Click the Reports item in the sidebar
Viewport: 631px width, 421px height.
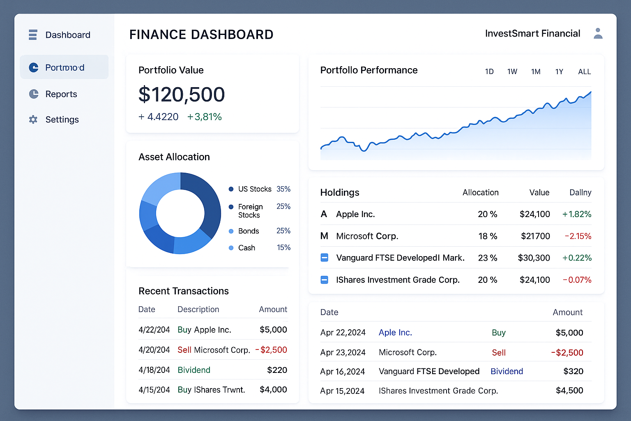click(x=61, y=94)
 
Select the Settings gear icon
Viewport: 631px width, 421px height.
click(x=33, y=120)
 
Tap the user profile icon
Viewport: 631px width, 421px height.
click(x=598, y=34)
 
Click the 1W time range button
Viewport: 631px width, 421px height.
click(x=512, y=72)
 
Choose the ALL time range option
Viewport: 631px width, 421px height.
click(x=584, y=72)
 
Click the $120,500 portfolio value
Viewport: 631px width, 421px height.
click(x=182, y=94)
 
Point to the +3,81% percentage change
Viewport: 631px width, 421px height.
click(x=204, y=117)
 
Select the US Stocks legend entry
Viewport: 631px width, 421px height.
click(x=255, y=189)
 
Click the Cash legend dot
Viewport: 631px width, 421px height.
click(x=231, y=248)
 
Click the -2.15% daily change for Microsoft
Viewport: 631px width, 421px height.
click(x=578, y=236)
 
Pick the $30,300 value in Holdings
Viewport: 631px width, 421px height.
click(x=534, y=258)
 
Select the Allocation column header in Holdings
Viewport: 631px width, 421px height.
click(x=480, y=192)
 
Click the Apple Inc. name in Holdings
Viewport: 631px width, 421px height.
click(x=355, y=214)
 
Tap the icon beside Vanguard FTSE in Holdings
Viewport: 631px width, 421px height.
click(x=324, y=258)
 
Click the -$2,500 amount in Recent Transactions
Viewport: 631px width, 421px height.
click(x=271, y=350)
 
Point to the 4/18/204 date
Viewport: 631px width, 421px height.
click(x=154, y=370)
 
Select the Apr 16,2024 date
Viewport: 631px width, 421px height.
click(x=343, y=372)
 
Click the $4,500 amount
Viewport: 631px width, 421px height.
click(x=569, y=391)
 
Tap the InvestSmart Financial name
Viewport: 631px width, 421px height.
click(x=532, y=34)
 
